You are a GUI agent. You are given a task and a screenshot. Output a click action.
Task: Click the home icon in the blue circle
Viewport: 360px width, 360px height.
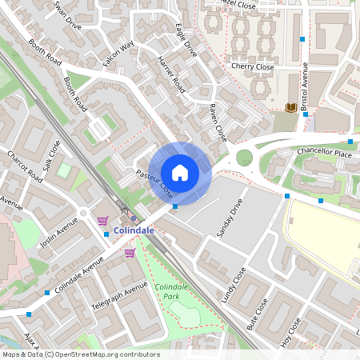(180, 172)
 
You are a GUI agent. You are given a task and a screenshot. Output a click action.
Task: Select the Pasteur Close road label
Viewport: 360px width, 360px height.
(154, 184)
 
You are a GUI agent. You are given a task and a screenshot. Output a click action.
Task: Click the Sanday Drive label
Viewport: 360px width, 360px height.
(229, 222)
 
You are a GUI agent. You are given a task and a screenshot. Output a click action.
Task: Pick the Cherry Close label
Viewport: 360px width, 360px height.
(253, 67)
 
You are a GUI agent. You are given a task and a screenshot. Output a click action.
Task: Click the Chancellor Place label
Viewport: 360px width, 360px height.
(324, 152)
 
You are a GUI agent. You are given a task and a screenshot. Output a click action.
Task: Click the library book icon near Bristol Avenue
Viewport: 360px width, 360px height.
(291, 107)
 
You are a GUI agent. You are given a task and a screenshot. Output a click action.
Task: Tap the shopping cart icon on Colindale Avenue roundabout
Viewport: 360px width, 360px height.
(102, 221)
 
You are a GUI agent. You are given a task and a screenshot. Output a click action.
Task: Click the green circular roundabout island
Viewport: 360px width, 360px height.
(244, 157)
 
